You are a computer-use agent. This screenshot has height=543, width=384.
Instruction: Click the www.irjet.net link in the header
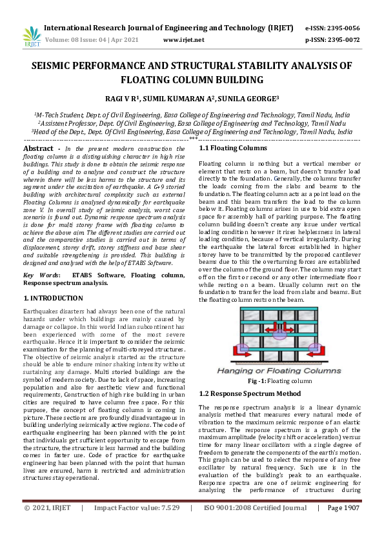coord(184,40)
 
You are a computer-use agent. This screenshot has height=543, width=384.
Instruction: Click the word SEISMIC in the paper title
coord(59,66)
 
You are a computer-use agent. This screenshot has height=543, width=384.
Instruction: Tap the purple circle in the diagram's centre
coord(279,335)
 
